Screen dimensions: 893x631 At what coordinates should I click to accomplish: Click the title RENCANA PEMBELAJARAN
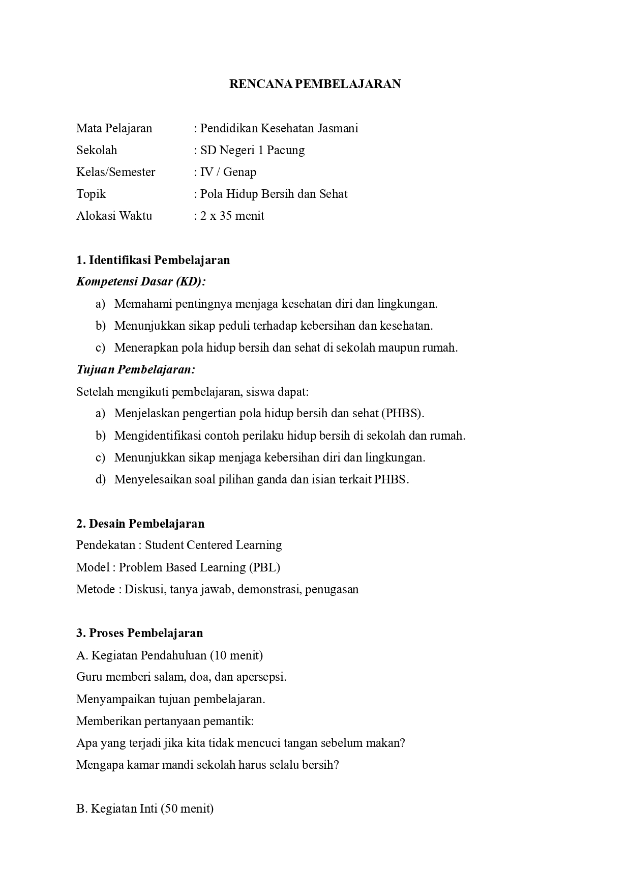tap(315, 84)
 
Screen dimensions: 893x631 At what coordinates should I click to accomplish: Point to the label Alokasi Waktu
tap(114, 216)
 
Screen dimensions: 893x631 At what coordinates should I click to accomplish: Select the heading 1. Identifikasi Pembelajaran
tap(153, 260)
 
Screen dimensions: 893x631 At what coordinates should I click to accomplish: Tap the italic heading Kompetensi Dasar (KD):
tap(141, 282)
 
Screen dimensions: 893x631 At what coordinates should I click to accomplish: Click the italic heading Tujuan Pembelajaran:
tap(135, 369)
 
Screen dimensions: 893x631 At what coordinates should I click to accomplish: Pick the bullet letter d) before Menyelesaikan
tap(100, 479)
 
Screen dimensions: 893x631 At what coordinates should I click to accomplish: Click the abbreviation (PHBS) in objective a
tap(402, 413)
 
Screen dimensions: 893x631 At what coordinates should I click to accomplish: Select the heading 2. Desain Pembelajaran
tap(140, 524)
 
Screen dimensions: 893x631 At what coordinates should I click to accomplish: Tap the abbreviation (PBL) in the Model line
tap(264, 567)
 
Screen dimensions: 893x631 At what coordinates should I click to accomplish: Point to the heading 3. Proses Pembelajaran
tap(139, 633)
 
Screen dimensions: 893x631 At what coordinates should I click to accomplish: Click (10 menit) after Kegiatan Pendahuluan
tap(236, 655)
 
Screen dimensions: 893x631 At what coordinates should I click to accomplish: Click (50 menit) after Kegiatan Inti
tap(187, 809)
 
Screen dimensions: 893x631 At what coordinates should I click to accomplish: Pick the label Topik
tap(91, 194)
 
